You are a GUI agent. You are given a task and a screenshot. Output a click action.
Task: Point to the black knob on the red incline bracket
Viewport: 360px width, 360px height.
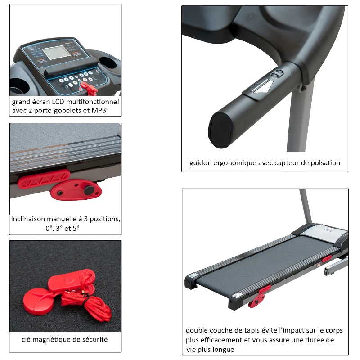[90, 190]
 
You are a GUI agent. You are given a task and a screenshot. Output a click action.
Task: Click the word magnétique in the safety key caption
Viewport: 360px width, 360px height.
[58, 339]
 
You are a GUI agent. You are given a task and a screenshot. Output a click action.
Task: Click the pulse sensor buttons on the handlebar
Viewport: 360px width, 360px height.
[279, 74]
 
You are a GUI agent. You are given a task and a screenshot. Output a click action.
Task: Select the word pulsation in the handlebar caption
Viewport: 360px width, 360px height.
[325, 163]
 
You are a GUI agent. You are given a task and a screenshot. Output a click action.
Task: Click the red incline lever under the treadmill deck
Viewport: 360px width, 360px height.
[256, 301]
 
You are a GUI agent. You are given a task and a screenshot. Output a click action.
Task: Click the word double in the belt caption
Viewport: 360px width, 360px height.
[197, 330]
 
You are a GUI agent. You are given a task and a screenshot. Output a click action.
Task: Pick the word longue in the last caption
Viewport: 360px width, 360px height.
[225, 349]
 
